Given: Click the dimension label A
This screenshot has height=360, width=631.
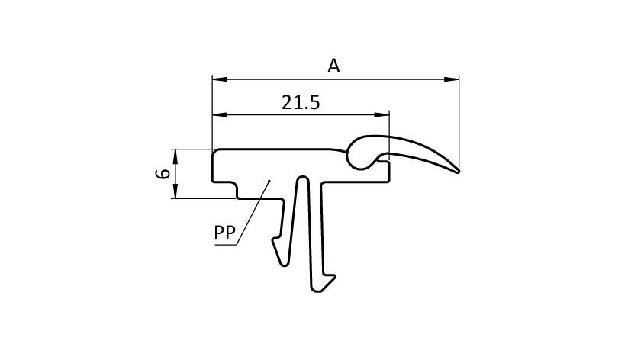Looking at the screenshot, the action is pos(333,66).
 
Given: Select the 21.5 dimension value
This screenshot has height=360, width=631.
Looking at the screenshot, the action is pos(301,102).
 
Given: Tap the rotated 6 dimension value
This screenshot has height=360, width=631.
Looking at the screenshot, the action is pos(163,174).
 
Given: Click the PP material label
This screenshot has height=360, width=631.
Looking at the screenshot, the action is pos(224,233).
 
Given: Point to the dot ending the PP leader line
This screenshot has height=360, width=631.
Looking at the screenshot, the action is pos(269,181).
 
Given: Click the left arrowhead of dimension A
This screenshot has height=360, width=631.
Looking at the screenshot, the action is pos(220,79).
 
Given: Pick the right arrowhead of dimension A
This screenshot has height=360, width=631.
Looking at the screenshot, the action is pos(451,79).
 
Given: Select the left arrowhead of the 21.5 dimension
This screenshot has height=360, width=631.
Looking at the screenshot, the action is pos(220,114).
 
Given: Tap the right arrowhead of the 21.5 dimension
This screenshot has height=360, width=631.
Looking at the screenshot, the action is pos(381,114).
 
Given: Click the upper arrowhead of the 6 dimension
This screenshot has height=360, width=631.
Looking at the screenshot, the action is pos(175,156).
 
